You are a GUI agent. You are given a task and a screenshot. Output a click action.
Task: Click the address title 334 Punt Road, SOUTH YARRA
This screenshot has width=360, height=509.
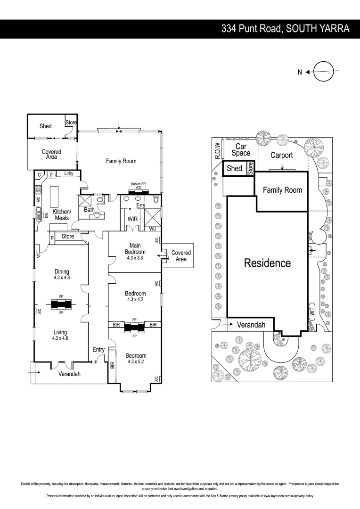point(286,29)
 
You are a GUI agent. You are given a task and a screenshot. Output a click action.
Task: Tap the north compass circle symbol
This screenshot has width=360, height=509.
point(325,72)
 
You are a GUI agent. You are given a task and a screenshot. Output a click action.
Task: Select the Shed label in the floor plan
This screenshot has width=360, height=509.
point(45,126)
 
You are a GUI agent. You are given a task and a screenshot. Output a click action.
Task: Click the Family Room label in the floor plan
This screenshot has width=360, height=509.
point(121,161)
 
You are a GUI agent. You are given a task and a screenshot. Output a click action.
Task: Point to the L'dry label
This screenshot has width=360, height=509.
point(68,174)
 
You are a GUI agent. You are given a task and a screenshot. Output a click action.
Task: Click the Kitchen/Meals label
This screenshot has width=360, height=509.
point(61,215)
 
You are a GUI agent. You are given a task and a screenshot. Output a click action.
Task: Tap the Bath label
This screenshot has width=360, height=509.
point(89,210)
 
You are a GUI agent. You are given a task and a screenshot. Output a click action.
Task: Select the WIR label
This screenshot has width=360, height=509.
point(132,219)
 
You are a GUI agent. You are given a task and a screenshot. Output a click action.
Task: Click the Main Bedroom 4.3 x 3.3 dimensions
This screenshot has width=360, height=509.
point(135,258)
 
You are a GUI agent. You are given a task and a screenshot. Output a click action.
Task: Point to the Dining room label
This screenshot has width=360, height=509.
point(61,271)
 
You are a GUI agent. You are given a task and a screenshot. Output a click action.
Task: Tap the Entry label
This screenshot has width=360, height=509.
point(98,349)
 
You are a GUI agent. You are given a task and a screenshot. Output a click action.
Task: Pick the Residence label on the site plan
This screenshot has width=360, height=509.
point(267,263)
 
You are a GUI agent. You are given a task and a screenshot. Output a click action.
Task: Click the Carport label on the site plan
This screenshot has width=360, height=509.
point(282,155)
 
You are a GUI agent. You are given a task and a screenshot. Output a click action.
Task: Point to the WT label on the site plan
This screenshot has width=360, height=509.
point(312,311)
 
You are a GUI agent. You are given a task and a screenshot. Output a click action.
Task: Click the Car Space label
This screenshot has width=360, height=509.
point(241,150)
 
